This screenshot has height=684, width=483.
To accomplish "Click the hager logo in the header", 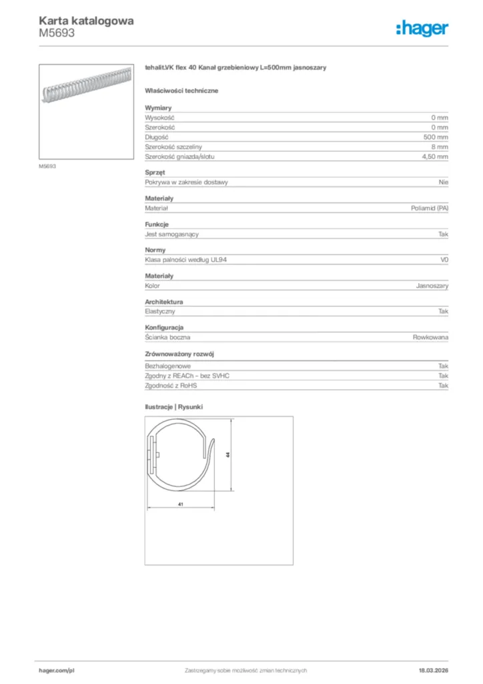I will tap(422, 28).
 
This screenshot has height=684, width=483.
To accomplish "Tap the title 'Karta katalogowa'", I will tap(86, 21).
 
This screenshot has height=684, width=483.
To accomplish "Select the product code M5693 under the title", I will tap(57, 33).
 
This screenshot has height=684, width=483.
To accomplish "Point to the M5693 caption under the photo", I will tap(47, 166).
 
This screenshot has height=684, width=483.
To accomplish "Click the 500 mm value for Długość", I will tap(438, 137).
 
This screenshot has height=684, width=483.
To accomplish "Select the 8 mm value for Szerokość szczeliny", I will tap(440, 146).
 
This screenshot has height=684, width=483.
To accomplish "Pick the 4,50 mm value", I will tap(435, 156).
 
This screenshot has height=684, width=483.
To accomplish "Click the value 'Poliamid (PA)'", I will tap(430, 208).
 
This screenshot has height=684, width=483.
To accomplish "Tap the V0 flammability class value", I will tap(444, 260).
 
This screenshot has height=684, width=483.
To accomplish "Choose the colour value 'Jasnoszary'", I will tap(432, 286).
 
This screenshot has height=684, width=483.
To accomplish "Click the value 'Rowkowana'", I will tap(430, 338).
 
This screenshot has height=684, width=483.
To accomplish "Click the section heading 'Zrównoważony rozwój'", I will tap(179, 354).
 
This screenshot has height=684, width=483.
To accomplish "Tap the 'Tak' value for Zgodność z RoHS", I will tap(443, 385).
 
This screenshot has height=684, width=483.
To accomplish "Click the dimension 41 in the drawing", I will tap(181, 504).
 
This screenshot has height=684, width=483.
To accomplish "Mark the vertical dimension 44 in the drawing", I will tap(228, 454).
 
